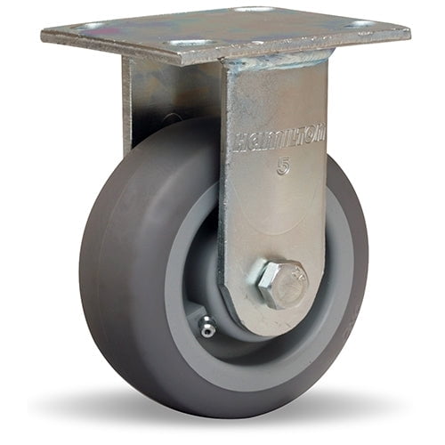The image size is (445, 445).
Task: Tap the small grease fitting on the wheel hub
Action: [x=206, y=328]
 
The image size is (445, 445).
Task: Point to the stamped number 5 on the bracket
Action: [x=283, y=166]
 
